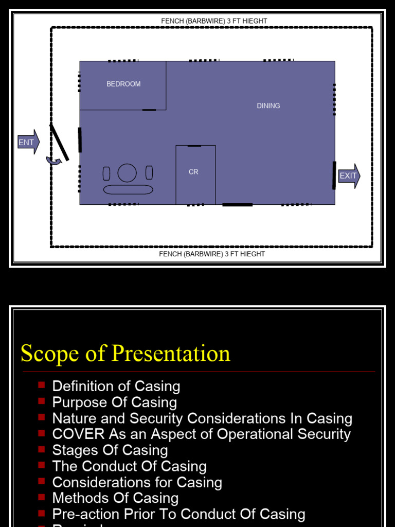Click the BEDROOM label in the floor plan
point(123,84)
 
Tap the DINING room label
point(268,106)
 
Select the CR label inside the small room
point(193,172)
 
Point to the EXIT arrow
point(349,176)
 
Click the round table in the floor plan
point(127,173)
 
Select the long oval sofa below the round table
point(128,189)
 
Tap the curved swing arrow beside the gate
point(53,161)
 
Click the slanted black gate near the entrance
point(59,142)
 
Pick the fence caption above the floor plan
point(214,21)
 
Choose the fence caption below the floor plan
point(212,254)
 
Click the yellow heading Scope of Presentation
point(125,354)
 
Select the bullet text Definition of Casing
point(116,386)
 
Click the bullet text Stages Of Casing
point(110,450)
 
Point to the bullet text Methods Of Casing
point(115,498)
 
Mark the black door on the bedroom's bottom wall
point(149,110)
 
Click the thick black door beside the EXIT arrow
point(334,175)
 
